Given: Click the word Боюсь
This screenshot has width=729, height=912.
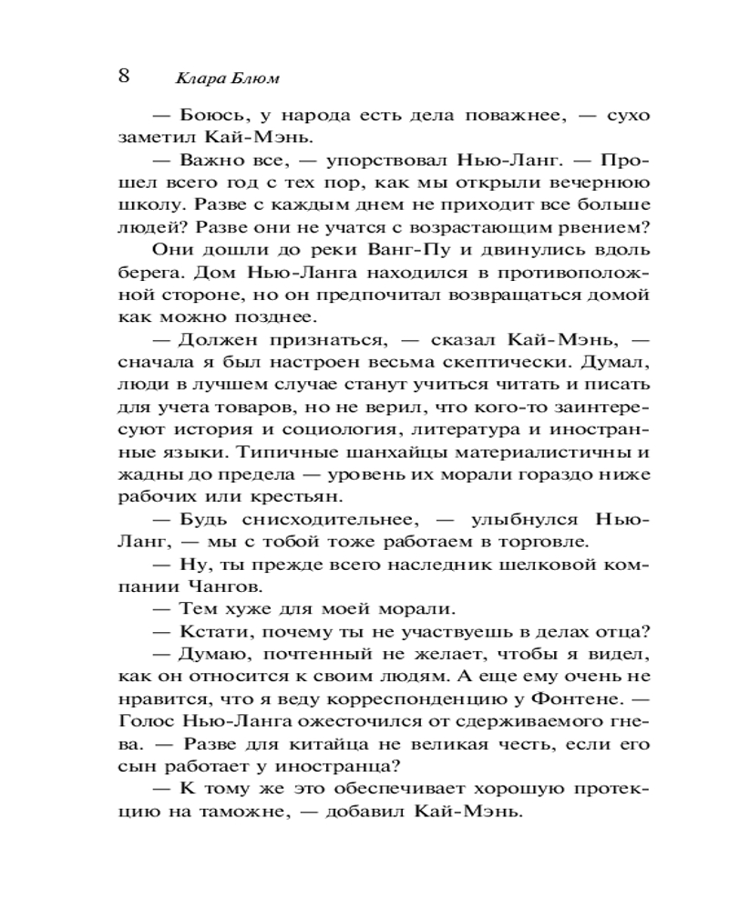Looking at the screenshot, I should click(x=210, y=117).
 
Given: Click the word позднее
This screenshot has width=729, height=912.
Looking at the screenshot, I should click(x=273, y=317).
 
